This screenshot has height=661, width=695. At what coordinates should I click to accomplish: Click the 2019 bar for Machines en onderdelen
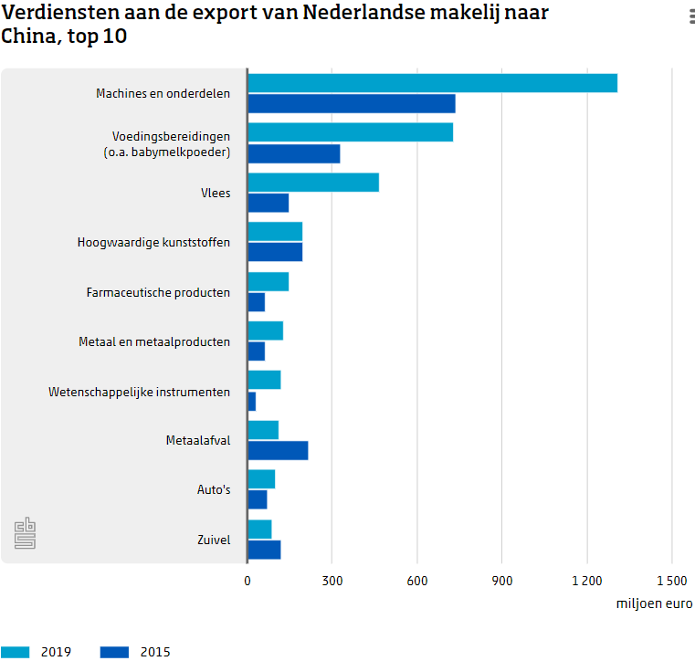(432, 83)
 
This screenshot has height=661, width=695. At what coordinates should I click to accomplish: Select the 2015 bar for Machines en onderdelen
(351, 103)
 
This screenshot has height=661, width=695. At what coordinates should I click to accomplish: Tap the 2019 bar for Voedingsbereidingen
(350, 132)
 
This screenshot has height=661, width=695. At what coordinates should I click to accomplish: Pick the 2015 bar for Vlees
(268, 203)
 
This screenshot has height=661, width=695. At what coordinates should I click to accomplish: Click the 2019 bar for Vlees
(312, 183)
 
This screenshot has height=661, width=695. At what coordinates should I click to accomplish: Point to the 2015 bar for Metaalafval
(278, 450)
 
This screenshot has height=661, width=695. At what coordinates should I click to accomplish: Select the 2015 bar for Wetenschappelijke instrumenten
(251, 401)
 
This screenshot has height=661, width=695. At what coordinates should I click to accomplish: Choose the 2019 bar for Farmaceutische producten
(268, 281)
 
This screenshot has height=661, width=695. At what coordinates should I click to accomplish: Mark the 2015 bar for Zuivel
(264, 549)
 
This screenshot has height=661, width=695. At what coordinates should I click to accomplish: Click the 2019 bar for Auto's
(260, 479)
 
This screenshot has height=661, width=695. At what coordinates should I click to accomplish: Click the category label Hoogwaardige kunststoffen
(153, 243)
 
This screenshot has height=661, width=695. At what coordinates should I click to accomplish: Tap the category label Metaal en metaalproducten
(154, 341)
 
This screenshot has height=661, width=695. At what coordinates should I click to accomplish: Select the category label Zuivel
(214, 540)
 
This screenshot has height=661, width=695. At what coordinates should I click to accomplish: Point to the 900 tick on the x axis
(502, 581)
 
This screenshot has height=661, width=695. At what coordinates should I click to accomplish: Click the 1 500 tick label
(671, 581)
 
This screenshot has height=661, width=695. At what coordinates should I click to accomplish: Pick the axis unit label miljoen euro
(654, 603)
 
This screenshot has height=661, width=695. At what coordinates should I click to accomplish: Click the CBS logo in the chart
(26, 534)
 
